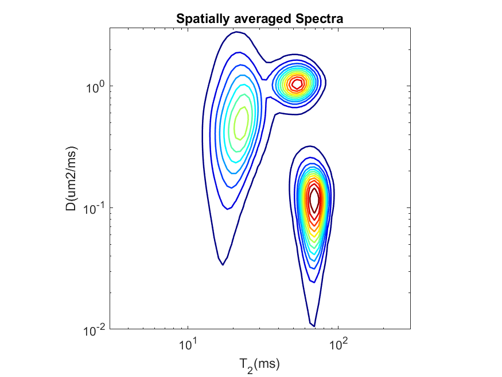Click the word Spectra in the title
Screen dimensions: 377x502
coord(319,19)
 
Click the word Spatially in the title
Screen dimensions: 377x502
coord(201,19)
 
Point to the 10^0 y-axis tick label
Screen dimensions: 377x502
coord(95,86)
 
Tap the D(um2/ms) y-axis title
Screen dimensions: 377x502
coord(71,178)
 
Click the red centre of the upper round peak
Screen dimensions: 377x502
coord(297,84)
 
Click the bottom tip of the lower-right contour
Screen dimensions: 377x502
coord(314,326)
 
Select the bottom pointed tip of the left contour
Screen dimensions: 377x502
coord(223,264)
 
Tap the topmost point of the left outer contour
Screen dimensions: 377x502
coord(236,32)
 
